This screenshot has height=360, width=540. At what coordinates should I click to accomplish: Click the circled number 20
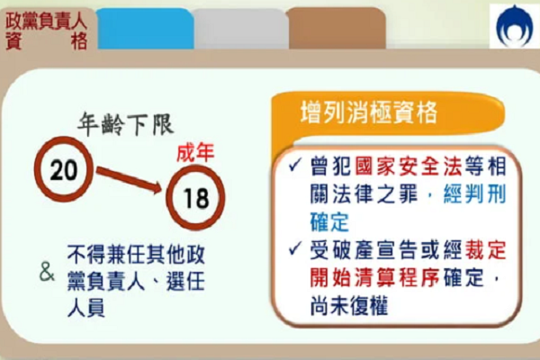pyautogui.click(x=64, y=169)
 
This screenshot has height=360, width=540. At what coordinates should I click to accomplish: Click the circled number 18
pyautogui.click(x=195, y=197)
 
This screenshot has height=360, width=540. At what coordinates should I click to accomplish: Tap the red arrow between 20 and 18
pyautogui.click(x=129, y=179)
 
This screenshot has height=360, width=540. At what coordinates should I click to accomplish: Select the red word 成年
pyautogui.click(x=195, y=153)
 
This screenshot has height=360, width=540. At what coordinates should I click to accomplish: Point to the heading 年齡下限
pyautogui.click(x=125, y=124)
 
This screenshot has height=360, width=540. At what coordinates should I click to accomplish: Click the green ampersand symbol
pyautogui.click(x=47, y=272)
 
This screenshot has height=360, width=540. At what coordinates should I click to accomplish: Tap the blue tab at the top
pyautogui.click(x=145, y=29)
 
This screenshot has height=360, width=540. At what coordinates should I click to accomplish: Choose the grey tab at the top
pyautogui.click(x=240, y=29)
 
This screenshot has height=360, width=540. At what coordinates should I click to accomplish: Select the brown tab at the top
pyautogui.click(x=337, y=28)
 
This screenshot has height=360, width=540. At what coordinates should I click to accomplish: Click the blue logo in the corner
pyautogui.click(x=514, y=26)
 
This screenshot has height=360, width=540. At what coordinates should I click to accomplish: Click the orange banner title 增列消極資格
pyautogui.click(x=369, y=112)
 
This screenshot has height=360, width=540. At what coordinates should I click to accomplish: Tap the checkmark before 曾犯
pyautogui.click(x=295, y=165)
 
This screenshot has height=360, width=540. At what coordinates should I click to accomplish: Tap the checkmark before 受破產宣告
pyautogui.click(x=295, y=248)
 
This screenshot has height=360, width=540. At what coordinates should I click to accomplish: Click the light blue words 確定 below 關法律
pyautogui.click(x=330, y=222)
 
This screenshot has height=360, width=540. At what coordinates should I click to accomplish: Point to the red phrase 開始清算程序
pyautogui.click(x=374, y=278)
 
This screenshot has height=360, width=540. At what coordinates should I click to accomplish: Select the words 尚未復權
pyautogui.click(x=349, y=305)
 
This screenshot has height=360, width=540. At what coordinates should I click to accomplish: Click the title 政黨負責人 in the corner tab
pyautogui.click(x=46, y=22)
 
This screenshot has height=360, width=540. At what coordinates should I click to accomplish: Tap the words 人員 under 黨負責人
pyautogui.click(x=86, y=308)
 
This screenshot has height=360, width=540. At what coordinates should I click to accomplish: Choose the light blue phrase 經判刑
pyautogui.click(x=475, y=194)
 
